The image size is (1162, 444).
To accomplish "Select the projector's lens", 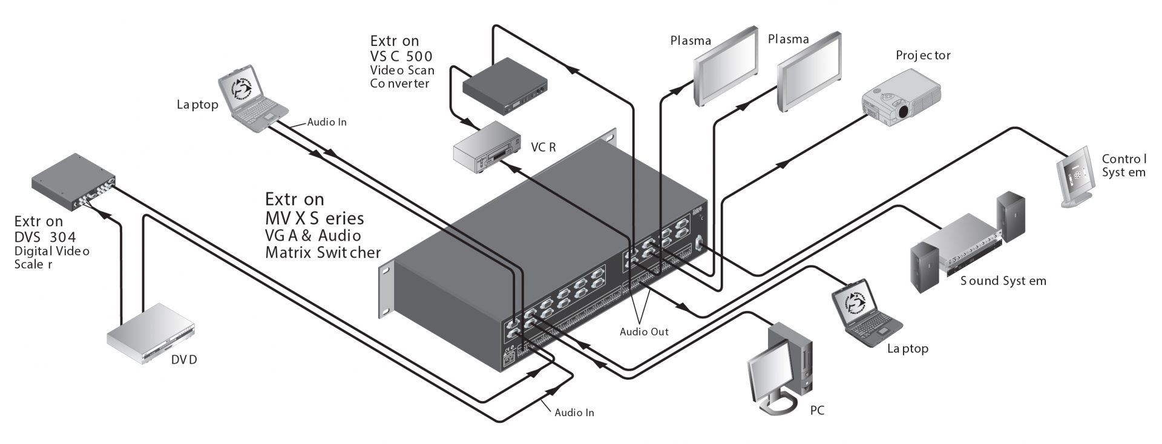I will point(903,111).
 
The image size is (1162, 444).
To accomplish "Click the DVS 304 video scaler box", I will point(73,181).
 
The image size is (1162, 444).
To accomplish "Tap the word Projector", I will point(923,56).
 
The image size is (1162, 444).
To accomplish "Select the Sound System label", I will point(1003,281).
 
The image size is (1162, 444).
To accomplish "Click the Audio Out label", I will point(644,332).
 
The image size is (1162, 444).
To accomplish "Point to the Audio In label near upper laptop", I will point(327,122).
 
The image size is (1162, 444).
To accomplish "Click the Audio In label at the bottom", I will point(574,413).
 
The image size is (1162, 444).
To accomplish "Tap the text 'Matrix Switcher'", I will point(323,252).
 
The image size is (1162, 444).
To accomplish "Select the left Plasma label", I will point(691,41).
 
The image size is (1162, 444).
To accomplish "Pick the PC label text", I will point(816,411).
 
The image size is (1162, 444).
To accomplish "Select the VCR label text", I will point(543,147).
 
